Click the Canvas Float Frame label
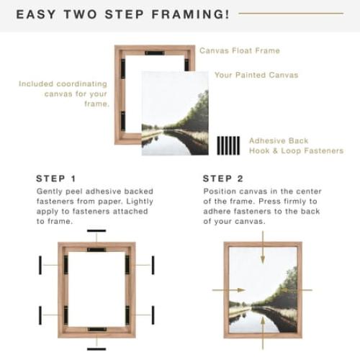click(239, 51)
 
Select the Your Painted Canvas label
click(256, 75)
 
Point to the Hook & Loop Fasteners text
click(296, 151)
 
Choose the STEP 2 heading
click(223, 179)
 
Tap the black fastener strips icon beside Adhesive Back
click(228, 145)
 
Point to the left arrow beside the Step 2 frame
click(223, 290)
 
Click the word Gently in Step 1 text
click(50, 192)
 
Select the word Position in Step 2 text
click(220, 192)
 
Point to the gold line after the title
click(301, 13)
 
